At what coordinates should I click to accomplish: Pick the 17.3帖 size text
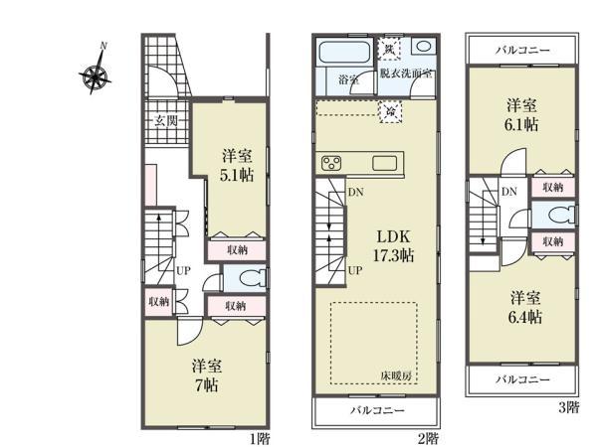(394, 255)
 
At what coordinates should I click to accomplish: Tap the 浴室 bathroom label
(348, 78)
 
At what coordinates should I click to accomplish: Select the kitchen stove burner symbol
(331, 163)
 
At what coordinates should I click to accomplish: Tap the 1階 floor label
(260, 437)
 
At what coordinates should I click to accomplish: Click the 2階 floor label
(428, 437)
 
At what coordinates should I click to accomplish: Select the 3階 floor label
(568, 406)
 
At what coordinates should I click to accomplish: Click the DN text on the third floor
(508, 193)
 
